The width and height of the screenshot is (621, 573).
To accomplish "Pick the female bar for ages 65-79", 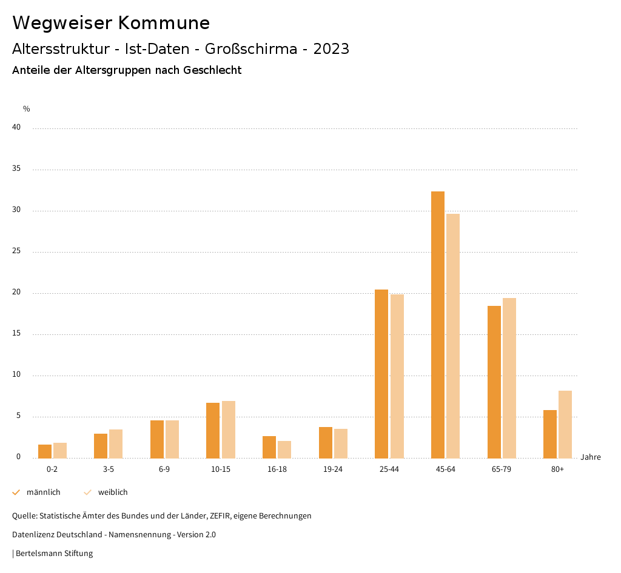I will tap(509, 378).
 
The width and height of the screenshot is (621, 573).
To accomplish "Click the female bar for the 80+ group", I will tap(565, 425).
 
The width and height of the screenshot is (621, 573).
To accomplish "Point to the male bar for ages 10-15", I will tap(213, 431).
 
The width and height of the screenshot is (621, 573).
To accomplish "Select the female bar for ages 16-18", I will tap(284, 449).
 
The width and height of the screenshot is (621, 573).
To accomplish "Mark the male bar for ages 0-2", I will tap(45, 451).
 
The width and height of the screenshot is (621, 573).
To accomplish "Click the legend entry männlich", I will tap(43, 492).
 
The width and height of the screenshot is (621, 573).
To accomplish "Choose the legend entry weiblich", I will tap(113, 492).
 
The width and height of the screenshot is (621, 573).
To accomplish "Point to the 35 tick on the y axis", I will tap(16, 169).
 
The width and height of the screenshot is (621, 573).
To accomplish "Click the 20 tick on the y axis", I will tap(16, 293).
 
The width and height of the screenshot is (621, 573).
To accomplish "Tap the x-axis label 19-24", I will tap(333, 469).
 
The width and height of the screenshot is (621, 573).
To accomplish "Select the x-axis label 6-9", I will tap(164, 469).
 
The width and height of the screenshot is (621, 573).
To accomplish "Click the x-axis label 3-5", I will tap(109, 469).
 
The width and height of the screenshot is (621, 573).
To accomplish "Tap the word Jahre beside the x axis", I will tap(591, 457).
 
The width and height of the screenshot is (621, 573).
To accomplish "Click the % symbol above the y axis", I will tap(27, 109).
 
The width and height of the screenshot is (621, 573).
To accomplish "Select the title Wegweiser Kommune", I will tap(111, 23).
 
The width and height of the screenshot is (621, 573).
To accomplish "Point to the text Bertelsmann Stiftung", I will tap(54, 554).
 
